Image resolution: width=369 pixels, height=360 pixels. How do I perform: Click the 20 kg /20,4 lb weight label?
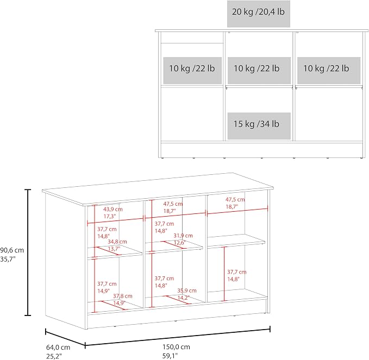(x=258, y=12)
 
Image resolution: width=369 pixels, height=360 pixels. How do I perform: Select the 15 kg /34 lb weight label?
(x=257, y=124)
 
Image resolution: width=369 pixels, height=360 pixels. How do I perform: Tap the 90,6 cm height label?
(x=12, y=250)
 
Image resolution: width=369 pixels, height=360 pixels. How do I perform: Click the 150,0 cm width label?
(x=176, y=347)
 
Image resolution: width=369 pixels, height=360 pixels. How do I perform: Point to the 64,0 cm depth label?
(x=58, y=348)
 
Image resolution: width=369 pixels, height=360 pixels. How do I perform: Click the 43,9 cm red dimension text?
(x=113, y=209)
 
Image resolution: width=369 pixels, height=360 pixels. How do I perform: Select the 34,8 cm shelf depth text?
(x=117, y=242)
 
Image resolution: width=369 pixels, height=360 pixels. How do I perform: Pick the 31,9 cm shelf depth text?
(x=183, y=235)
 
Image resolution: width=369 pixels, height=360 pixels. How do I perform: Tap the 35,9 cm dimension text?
(x=187, y=290)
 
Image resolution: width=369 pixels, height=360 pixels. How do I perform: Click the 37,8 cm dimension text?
(x=123, y=296)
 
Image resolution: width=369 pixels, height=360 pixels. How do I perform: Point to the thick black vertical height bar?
(x=28, y=252)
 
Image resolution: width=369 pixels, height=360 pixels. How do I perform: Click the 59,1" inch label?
(x=170, y=356)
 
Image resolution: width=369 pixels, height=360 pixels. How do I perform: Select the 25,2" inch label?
(x=54, y=356)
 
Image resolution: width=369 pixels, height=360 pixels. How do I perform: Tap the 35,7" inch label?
(x=8, y=259)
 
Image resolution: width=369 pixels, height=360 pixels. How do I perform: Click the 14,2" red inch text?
(x=183, y=298)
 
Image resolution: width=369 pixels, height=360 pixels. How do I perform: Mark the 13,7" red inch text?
(x=114, y=249)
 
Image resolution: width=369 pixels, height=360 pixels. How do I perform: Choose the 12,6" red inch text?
(x=180, y=242)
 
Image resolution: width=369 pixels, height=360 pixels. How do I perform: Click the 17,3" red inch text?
(x=110, y=216)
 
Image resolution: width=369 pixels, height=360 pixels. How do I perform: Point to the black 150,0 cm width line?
(x=178, y=337)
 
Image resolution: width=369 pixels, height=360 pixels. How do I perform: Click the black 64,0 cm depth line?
(x=65, y=338)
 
